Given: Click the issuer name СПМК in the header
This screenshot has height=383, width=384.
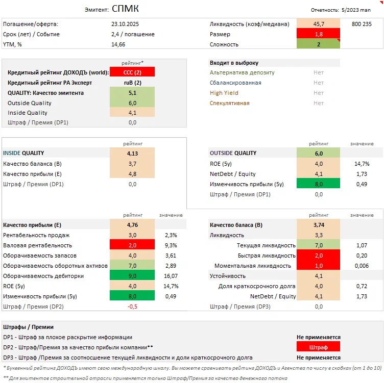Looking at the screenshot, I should pyautogui.click(x=125, y=9).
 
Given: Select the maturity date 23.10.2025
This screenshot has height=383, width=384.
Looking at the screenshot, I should pyautogui.click(x=125, y=24).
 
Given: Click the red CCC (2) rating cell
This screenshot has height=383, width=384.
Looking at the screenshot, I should pyautogui.click(x=132, y=72).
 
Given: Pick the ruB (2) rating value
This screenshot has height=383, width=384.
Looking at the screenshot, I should pyautogui.click(x=132, y=83).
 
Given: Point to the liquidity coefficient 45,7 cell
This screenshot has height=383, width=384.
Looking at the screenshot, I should pyautogui.click(x=318, y=24).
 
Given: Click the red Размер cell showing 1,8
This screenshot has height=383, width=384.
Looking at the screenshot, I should pyautogui.click(x=318, y=34).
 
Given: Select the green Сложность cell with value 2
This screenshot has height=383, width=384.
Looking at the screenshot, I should pyautogui.click(x=318, y=44).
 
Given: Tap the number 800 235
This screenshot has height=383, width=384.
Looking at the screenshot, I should pyautogui.click(x=362, y=24).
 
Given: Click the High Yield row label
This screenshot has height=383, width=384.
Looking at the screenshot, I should pyautogui.click(x=224, y=93).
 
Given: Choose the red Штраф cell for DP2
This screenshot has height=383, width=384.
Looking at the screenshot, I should pyautogui.click(x=318, y=347).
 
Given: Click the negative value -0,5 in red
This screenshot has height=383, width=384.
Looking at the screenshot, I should pyautogui.click(x=132, y=307).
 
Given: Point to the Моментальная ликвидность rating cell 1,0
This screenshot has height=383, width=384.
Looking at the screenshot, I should pyautogui.click(x=318, y=266).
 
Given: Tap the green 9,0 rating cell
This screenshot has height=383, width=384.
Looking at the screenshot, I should pyautogui.click(x=132, y=276).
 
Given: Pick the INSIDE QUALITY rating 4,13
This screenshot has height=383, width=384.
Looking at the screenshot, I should pyautogui.click(x=132, y=153).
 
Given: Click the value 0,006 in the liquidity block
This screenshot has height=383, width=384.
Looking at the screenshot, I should pyautogui.click(x=362, y=266).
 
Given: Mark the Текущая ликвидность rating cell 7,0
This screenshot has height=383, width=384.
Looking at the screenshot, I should pyautogui.click(x=318, y=245).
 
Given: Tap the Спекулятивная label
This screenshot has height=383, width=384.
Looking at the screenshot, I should pyautogui.click(x=230, y=103).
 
